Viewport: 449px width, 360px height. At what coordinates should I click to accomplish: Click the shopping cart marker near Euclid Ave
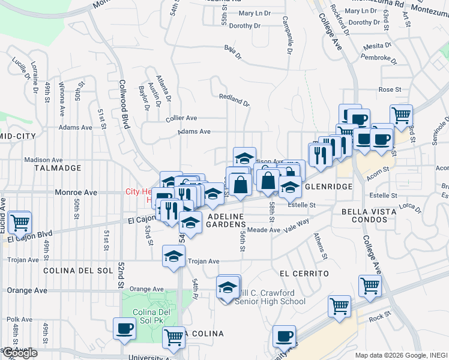pos(20,222)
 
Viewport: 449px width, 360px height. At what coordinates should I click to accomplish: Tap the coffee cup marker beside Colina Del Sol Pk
pos(125,329)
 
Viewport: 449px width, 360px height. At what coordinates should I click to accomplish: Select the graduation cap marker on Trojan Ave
pos(174,256)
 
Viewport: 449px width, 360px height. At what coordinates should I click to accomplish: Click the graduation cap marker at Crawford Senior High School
pos(228,288)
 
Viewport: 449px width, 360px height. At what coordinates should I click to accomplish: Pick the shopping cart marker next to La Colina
pos(174,338)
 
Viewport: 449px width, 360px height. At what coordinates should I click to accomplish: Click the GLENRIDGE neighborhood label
pos(328,187)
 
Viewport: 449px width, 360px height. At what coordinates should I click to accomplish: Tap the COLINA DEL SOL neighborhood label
pos(78,271)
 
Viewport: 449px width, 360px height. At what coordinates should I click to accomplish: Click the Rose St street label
pos(390,89)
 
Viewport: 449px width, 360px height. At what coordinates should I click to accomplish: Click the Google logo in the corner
pos(19,353)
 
